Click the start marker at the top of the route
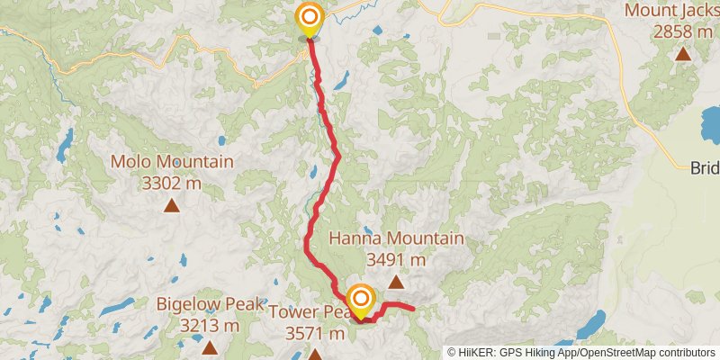click(x=310, y=17)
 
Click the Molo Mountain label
click(x=171, y=163)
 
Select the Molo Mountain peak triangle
click(x=171, y=205)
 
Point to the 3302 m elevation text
click(x=171, y=184)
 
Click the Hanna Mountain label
click(x=396, y=238)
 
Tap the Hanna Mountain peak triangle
click(x=395, y=282)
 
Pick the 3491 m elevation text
click(x=396, y=259)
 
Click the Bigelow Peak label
click(x=210, y=303)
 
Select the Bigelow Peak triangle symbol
click(x=210, y=346)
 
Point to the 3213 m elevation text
click(x=210, y=324)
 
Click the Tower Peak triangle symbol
click(x=315, y=355)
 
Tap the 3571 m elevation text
click(x=315, y=333)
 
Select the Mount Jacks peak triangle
click(x=683, y=54)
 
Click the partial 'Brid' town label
click(x=705, y=167)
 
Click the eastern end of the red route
click(x=413, y=310)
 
